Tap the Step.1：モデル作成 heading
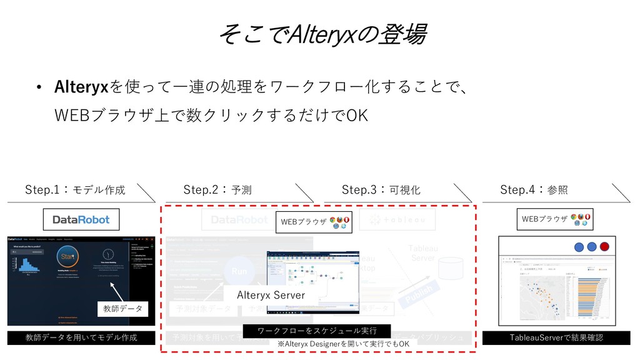point(75,189)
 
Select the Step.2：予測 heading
point(218,189)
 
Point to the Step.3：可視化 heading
point(381,189)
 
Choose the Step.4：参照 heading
point(534,189)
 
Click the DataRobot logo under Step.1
point(81,219)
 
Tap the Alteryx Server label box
point(271,294)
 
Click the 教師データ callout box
point(122,308)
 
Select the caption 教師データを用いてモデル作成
point(81,338)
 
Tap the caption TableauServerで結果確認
point(556,337)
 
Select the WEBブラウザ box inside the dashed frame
point(314,222)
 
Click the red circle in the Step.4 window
point(604,246)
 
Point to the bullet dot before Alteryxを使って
point(39,87)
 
